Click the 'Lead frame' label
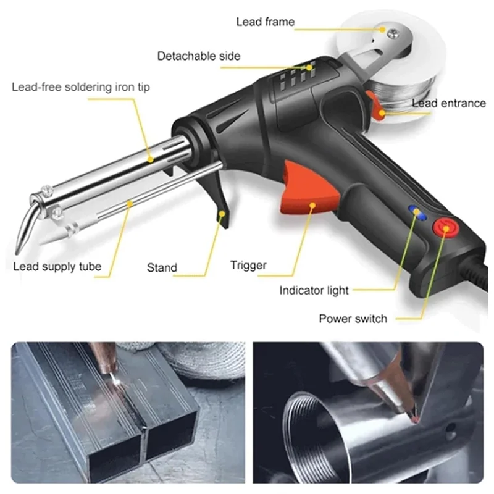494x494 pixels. click(265, 22)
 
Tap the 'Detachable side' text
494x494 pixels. click(198, 56)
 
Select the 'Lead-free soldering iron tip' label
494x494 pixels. click(80, 87)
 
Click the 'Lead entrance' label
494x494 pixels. click(448, 103)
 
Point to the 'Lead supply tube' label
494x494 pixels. click(57, 267)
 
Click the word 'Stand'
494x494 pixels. click(162, 268)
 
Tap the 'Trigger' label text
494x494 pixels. click(248, 266)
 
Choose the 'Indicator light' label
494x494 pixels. click(314, 290)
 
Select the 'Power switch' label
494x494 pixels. click(353, 319)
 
